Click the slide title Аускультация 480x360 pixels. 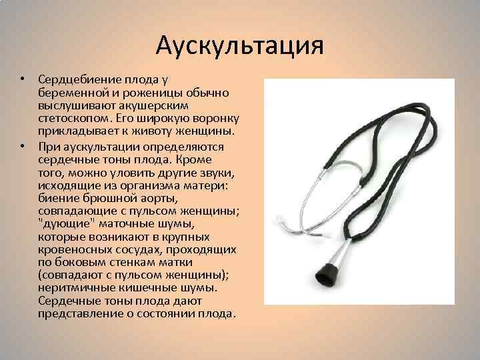click(x=239, y=45)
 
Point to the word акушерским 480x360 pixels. click(x=159, y=105)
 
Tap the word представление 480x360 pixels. click(x=78, y=312)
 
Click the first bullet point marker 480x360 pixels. click(x=22, y=79)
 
